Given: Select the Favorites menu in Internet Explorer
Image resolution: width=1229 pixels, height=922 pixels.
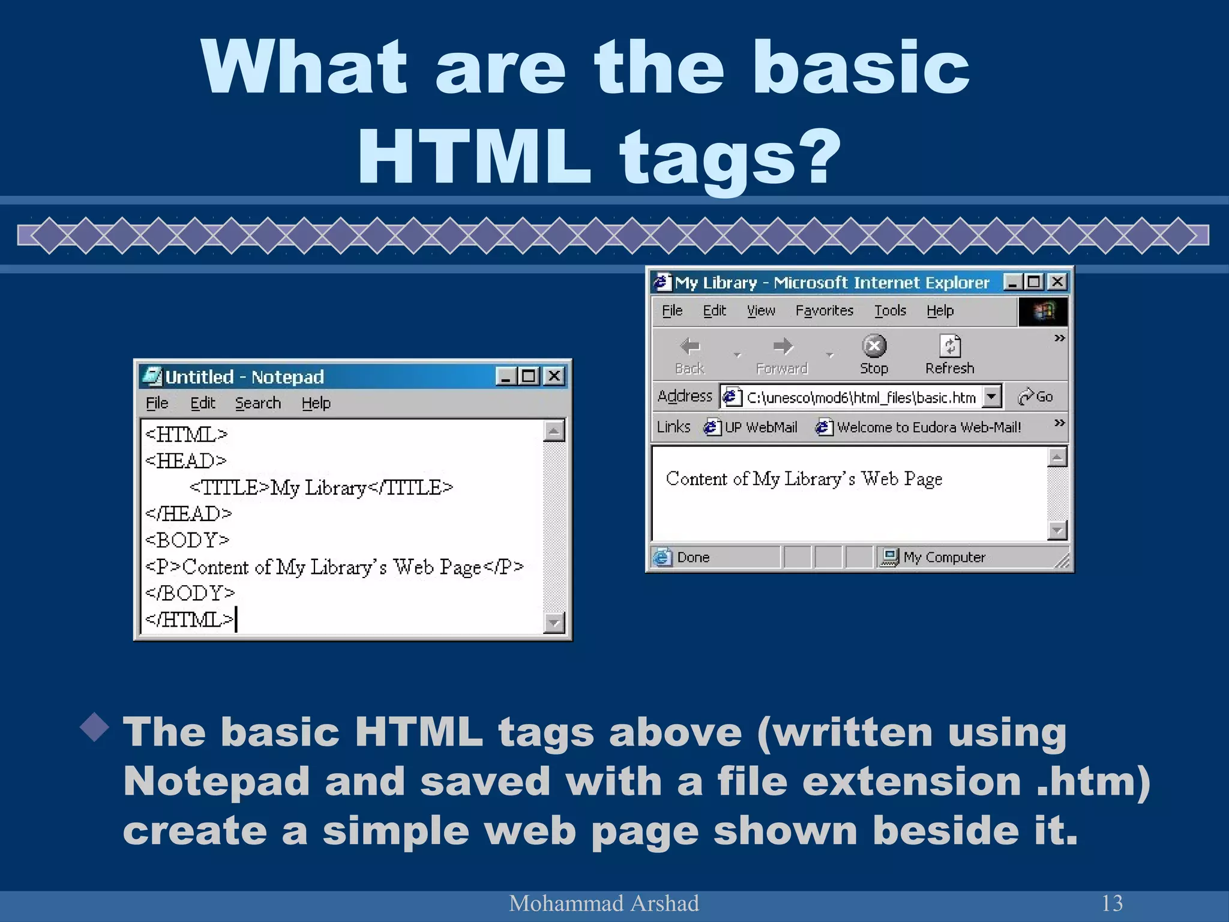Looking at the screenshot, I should pos(824,311).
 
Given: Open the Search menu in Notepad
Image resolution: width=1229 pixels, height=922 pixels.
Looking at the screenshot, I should pos(257,403).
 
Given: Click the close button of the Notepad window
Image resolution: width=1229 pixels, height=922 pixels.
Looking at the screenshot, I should pos(554,376).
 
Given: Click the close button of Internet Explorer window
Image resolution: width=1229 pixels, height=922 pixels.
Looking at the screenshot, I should pos(1057,282).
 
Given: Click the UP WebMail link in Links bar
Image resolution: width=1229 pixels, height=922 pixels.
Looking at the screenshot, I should pos(752,427).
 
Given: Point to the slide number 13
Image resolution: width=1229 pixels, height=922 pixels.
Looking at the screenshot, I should pos(1112,903).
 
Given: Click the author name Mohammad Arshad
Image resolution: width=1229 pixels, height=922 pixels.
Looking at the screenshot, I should pos(604,903).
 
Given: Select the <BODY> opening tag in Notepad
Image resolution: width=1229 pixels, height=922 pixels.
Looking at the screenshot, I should pos(187,540).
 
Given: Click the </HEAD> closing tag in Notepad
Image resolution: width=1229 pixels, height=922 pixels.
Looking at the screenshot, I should pos(188,514).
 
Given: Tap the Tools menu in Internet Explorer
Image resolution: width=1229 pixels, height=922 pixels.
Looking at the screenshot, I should pos(890,311).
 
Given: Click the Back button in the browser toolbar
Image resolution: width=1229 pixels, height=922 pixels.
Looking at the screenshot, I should pos(690,354).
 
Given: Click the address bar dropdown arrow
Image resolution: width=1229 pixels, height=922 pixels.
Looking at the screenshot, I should pos(992,396).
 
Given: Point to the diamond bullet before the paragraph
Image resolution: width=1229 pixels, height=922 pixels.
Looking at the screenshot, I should pos(95,727).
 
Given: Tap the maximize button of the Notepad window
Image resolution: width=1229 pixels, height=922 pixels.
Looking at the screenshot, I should pos(529,376).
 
